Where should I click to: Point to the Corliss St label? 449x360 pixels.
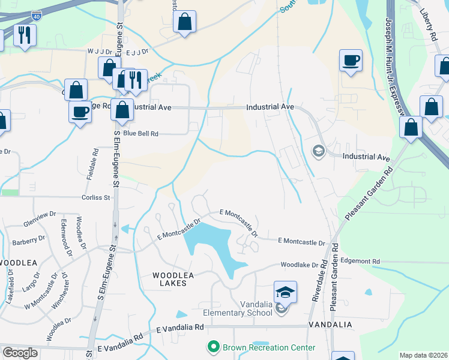[x=97, y=197]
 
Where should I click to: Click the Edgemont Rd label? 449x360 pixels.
[x=360, y=262]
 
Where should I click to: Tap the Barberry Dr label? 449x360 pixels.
[x=29, y=242]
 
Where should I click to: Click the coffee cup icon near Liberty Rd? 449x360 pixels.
[x=351, y=61]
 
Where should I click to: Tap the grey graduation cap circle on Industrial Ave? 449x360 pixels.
[x=318, y=150]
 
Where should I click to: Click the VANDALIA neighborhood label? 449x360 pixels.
[x=330, y=324]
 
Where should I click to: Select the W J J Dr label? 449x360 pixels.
[x=100, y=52]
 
